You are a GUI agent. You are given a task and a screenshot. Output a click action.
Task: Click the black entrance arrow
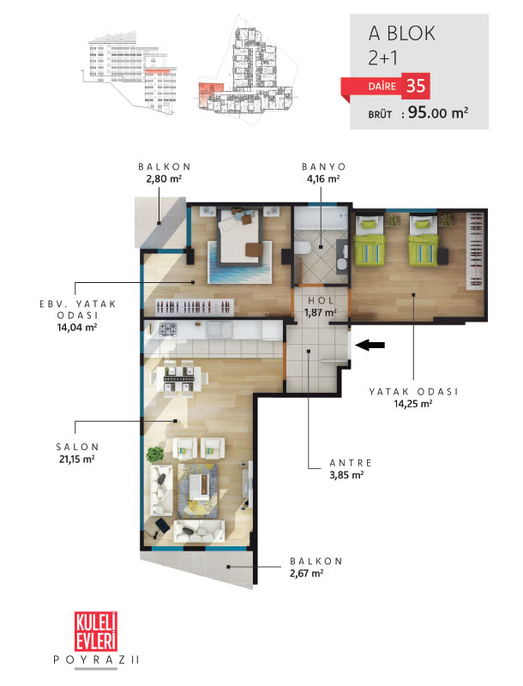click(370, 346)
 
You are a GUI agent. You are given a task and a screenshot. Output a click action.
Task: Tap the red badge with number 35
click(416, 86)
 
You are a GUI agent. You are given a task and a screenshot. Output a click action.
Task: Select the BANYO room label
click(323, 166)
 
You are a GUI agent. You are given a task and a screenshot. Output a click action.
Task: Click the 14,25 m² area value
click(413, 403)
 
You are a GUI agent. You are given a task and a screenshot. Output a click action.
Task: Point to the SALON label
click(77, 447)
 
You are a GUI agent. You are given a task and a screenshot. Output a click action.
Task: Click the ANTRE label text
click(351, 463)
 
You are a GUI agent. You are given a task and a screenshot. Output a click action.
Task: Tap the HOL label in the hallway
click(321, 301)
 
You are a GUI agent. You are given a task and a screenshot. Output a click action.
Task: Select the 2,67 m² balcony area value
click(307, 573)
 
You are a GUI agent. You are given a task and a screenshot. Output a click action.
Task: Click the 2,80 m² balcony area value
click(164, 178)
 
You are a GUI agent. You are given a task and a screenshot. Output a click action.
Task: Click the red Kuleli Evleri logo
click(96, 631)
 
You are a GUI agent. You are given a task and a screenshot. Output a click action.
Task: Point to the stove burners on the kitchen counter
click(168, 329)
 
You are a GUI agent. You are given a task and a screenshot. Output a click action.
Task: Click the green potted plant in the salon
click(155, 454)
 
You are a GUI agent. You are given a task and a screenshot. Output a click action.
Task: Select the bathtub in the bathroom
click(321, 219)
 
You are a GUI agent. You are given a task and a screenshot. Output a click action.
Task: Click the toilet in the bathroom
click(302, 249)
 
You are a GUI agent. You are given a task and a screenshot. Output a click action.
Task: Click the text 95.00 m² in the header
click(438, 113)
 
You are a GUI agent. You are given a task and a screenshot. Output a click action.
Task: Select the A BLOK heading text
click(402, 33)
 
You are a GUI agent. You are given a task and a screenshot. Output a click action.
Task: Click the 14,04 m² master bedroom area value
click(77, 328)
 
